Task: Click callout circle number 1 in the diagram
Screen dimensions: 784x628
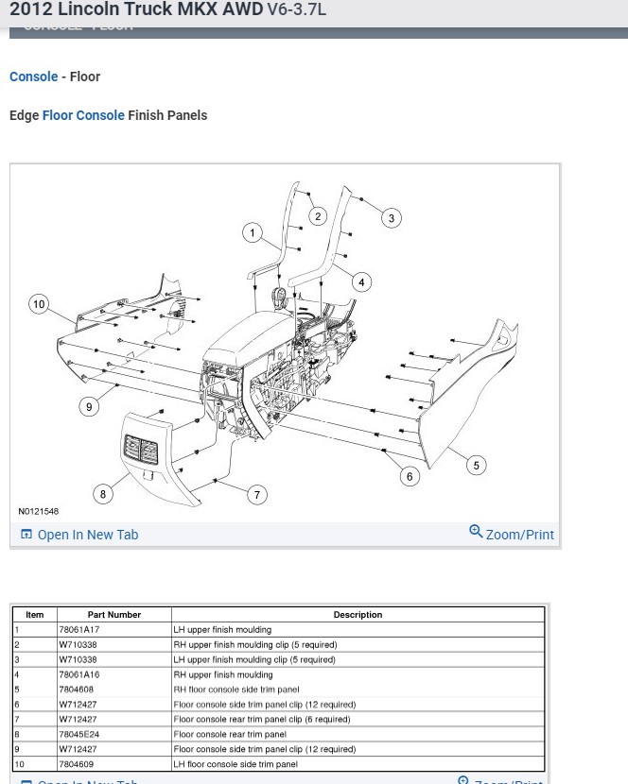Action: (x=253, y=232)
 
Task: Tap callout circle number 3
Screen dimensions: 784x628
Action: (x=392, y=218)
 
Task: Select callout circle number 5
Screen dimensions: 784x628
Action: (x=477, y=465)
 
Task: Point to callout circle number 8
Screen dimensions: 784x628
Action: (x=103, y=494)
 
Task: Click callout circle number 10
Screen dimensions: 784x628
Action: (x=39, y=304)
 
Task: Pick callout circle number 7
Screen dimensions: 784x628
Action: (x=257, y=495)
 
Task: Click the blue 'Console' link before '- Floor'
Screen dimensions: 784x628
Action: (x=34, y=77)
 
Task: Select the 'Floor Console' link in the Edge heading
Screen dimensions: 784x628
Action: (x=83, y=115)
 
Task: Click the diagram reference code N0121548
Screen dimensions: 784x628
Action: (x=39, y=512)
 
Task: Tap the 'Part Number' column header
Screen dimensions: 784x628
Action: (x=114, y=615)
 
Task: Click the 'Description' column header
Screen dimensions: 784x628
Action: (x=358, y=615)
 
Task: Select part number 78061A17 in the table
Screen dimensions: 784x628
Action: (x=79, y=629)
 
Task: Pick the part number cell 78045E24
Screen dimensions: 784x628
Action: (x=79, y=734)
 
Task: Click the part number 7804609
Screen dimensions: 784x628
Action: (x=77, y=764)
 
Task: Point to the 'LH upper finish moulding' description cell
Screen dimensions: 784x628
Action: (x=222, y=629)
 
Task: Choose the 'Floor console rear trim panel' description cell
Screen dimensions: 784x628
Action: (x=230, y=734)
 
